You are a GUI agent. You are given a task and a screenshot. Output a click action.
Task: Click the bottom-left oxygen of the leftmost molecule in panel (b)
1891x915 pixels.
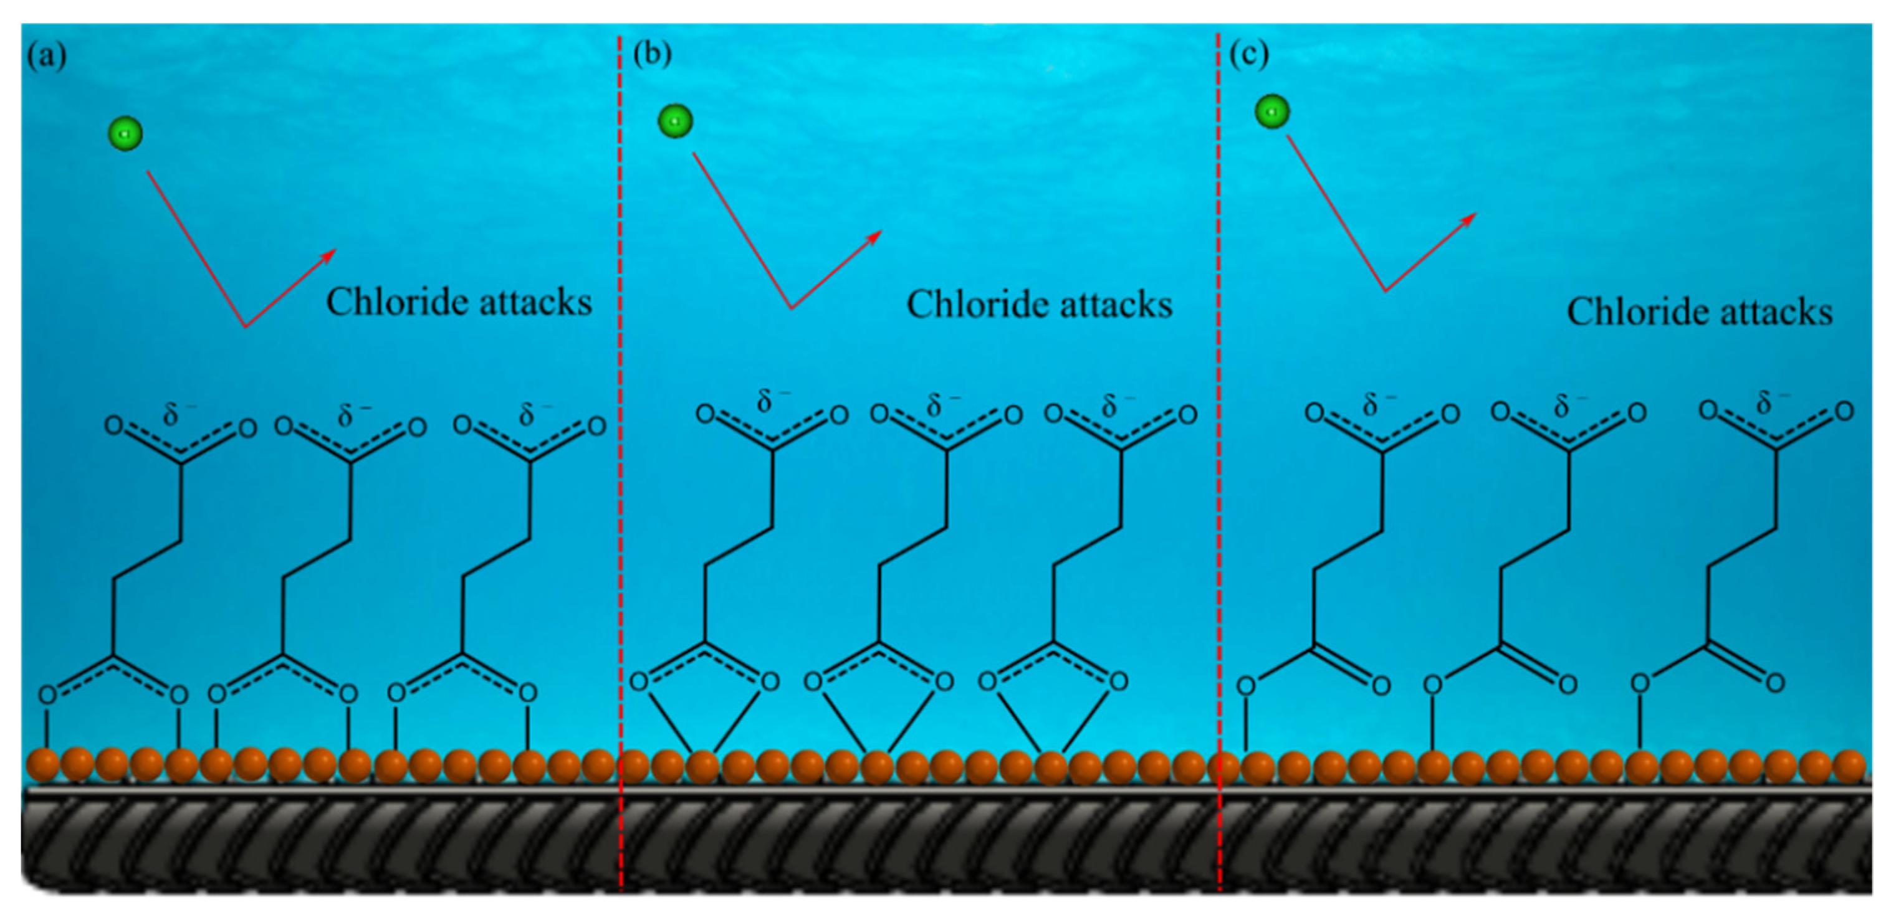(x=639, y=681)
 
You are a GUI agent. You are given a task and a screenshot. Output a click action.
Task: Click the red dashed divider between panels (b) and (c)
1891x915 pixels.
(x=1219, y=440)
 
